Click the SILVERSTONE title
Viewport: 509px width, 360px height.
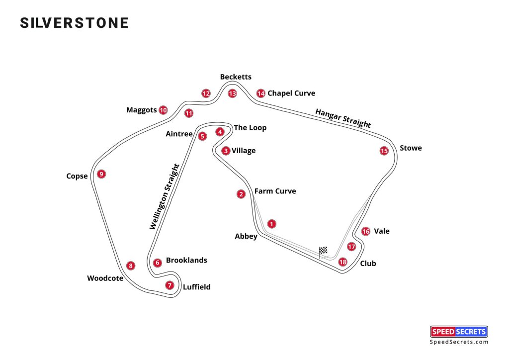pyautogui.click(x=74, y=23)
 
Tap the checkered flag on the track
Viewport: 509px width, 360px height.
pyautogui.click(x=323, y=251)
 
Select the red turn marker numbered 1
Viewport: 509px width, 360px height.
pyautogui.click(x=271, y=224)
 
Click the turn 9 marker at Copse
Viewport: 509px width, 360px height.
pyautogui.click(x=101, y=174)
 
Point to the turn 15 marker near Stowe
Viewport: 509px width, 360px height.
pyautogui.click(x=384, y=151)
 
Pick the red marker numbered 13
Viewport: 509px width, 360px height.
pyautogui.click(x=232, y=93)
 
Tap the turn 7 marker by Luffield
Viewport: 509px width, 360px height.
pyautogui.click(x=170, y=285)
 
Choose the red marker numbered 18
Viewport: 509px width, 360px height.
pyautogui.click(x=342, y=262)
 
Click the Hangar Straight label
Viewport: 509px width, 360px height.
pyautogui.click(x=343, y=118)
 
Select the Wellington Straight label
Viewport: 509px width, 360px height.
pyautogui.click(x=164, y=196)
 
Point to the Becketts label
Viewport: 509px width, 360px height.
pyautogui.click(x=236, y=77)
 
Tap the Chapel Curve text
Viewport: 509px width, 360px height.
pyautogui.click(x=291, y=93)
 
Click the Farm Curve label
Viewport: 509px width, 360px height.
pyautogui.click(x=275, y=191)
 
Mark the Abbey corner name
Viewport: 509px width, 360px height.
pyautogui.click(x=246, y=237)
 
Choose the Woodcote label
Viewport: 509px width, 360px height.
pyautogui.click(x=105, y=278)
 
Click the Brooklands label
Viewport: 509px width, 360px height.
pyautogui.click(x=186, y=261)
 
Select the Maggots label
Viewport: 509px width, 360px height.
pyautogui.click(x=142, y=110)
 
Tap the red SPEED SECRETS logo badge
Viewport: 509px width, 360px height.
pyautogui.click(x=458, y=332)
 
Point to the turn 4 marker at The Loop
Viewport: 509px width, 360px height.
pyautogui.click(x=220, y=132)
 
